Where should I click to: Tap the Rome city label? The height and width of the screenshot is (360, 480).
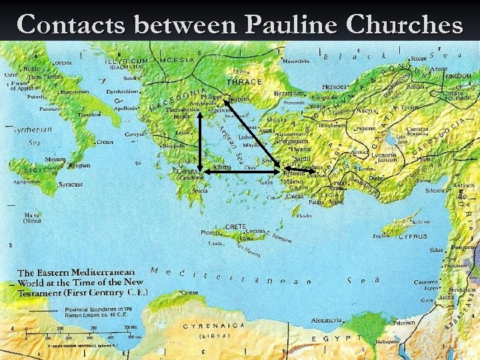coord(32,68)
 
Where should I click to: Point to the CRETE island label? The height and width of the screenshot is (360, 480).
coord(236,226)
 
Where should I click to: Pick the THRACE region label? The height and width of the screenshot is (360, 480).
coord(244,82)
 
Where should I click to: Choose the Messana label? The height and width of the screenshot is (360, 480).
coord(55,159)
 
